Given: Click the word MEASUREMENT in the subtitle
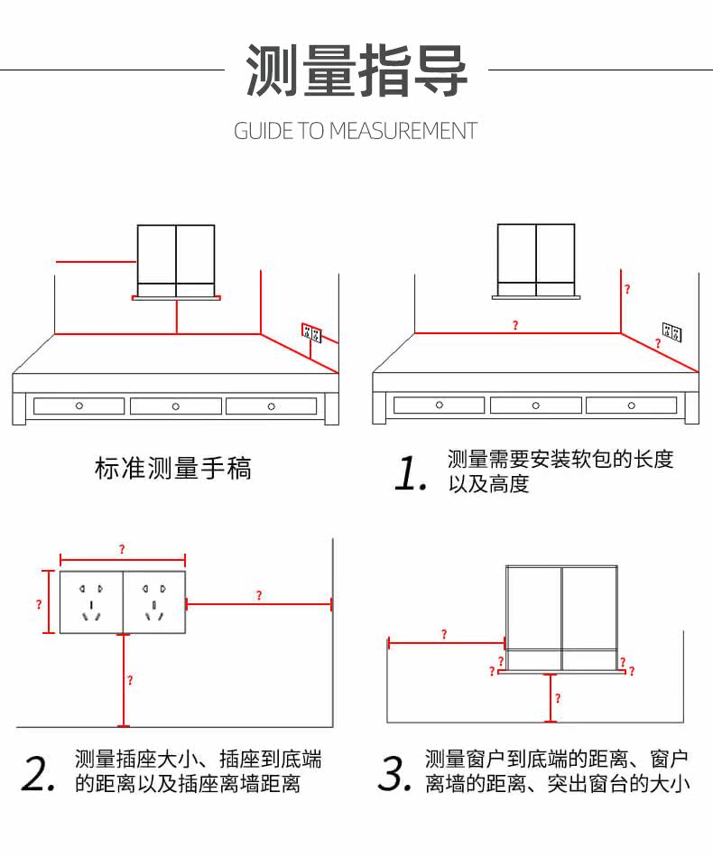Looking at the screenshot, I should pos(402,131).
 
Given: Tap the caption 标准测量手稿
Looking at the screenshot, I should pos(173,469).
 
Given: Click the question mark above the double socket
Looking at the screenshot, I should pos(122,549).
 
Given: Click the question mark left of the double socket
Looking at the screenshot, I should pos(39,603).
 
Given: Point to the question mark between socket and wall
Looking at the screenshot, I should pos(259,595).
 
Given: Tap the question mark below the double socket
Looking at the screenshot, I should pos(130,681).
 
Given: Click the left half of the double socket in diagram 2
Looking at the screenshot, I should pos(91,602).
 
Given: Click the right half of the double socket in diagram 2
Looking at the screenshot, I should pos(153,602).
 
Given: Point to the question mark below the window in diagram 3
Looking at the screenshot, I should pos(558,698).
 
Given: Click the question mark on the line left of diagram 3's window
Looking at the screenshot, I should pos(443,635).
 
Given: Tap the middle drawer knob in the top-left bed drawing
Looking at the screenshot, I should pos(175,406).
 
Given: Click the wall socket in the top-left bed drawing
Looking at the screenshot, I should pos(311,333).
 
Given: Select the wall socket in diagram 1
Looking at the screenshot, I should pos(671,333).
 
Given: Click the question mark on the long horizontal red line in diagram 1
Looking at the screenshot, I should pos(515,325).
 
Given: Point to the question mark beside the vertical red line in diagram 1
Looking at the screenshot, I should pos(627,290).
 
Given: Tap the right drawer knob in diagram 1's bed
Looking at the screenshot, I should pos(632,406).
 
